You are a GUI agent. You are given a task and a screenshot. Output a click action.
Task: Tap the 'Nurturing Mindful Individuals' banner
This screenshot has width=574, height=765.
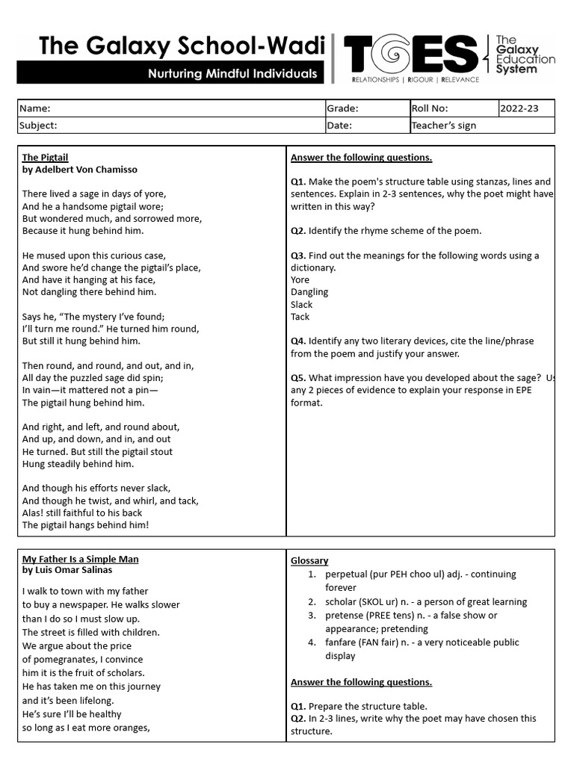pos(232,74)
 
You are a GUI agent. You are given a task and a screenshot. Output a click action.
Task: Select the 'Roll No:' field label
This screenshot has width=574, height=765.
pos(430,108)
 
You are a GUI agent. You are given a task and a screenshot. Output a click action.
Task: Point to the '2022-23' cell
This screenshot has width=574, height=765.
pos(519,108)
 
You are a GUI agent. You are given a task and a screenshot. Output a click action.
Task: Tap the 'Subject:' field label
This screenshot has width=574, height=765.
pos(38,126)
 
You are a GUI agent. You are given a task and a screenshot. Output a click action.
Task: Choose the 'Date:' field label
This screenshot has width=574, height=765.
pos(339,126)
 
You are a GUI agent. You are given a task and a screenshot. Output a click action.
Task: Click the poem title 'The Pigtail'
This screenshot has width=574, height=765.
pos(45,158)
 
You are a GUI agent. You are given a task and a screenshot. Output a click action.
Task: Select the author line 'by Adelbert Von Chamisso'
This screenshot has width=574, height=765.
pos(80,170)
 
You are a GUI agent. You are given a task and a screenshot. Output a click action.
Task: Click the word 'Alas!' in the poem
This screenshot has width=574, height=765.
pos(34,513)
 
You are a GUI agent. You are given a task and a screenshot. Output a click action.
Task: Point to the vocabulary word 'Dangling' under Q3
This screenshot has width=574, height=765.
pos(309,292)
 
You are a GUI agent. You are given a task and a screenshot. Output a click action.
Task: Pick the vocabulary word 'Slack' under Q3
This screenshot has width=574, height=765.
pos(302,305)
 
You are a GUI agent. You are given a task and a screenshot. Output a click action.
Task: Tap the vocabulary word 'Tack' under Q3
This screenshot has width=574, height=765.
pos(300,317)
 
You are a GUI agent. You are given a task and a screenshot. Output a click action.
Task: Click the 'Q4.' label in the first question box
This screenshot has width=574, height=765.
pos(299,341)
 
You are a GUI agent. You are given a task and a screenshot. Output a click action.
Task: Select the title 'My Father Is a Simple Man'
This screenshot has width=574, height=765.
pos(80,559)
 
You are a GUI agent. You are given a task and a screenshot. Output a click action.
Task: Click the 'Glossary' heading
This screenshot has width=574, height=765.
pos(309,561)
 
